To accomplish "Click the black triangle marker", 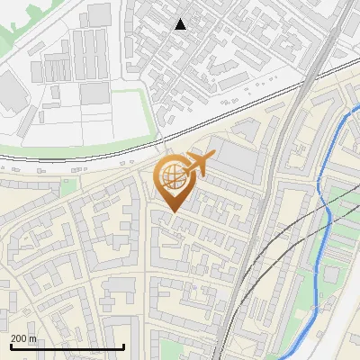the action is pos(181,24).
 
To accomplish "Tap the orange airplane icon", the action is pos(197,164).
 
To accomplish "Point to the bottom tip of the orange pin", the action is pos(172,211).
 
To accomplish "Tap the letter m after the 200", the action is pos(34,339).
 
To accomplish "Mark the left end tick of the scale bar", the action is pos(10,346).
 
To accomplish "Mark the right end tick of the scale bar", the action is pos(123,346).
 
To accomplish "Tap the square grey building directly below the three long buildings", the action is pos(94,93).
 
